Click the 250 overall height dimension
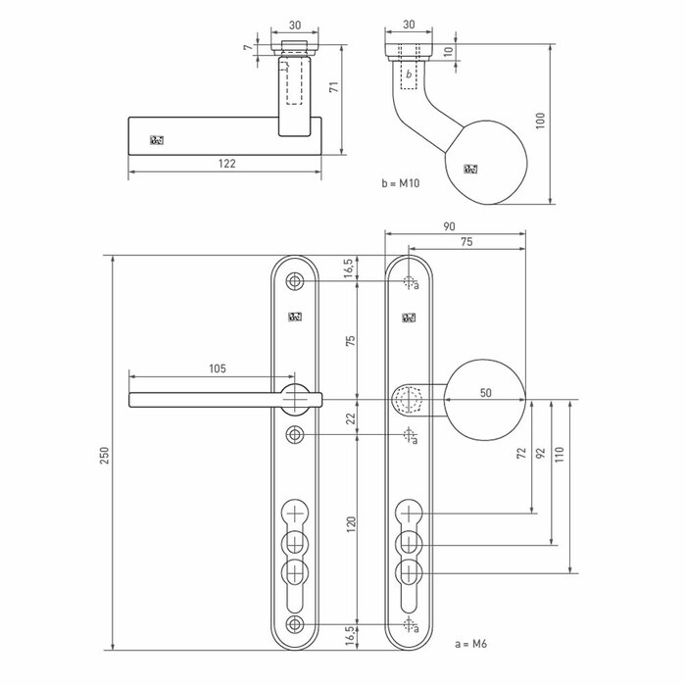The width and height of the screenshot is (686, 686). pos(105,454)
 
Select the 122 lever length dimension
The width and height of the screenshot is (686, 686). pos(226,165)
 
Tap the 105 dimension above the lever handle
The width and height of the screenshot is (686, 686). pos(218,368)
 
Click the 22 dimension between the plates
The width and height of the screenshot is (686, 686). pos(351,417)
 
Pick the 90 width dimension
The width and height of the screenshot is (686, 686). pos(450,225)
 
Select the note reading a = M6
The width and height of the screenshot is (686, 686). pos(472,644)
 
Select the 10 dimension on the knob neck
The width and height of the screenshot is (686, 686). pos(448,52)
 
